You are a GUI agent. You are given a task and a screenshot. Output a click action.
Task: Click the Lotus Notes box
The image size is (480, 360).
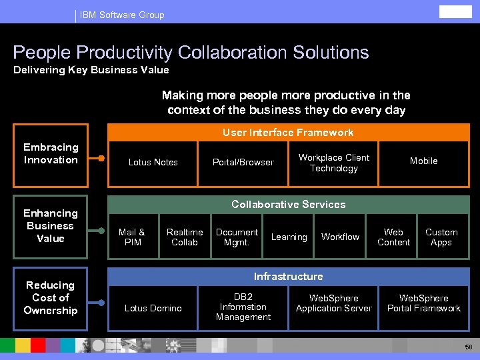pos(153,163)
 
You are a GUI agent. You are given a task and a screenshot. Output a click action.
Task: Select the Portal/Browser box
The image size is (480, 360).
pos(243,163)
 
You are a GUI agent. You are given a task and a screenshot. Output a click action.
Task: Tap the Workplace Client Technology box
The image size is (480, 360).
pos(333,163)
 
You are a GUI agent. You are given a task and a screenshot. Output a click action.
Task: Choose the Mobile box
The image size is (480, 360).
pos(423,163)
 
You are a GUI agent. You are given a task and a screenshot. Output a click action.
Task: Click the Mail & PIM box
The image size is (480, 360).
pos(133,237)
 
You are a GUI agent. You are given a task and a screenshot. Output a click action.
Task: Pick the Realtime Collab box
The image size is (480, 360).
pos(185,237)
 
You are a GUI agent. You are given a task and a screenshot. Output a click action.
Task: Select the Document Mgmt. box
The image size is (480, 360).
pos(237,237)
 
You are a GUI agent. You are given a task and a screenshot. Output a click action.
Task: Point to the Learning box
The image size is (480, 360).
pos(289,237)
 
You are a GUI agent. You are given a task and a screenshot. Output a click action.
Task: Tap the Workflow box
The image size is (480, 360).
pos(340,237)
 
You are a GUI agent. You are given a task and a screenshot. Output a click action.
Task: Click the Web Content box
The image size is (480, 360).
pos(393,237)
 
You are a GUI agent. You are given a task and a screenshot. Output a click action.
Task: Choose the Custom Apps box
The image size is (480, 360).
pos(441,237)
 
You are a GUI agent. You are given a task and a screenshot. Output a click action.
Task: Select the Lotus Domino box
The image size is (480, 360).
pos(153,308)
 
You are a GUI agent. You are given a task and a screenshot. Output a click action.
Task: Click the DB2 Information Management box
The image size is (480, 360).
pos(243,307)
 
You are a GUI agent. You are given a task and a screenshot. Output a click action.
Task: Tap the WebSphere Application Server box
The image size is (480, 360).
pos(333,303)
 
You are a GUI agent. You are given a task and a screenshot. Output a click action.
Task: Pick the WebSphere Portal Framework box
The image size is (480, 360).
pos(423,303)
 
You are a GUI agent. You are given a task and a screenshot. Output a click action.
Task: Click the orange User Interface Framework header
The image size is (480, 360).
pos(288,133)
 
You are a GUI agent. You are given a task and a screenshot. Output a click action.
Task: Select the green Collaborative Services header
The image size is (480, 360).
pos(288,205)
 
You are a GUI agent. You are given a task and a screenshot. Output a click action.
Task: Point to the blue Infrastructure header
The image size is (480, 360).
pos(288,277)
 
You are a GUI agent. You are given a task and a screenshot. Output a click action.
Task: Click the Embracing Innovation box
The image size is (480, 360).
pos(51,154)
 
